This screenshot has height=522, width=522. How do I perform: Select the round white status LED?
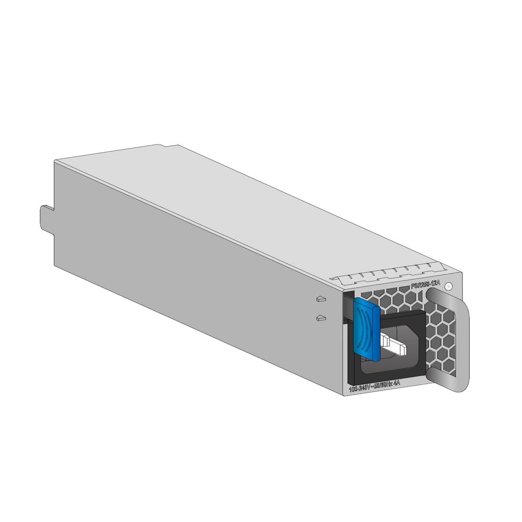(450, 286)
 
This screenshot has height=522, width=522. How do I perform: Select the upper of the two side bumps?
(321, 300)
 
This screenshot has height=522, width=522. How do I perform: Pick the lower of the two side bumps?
(321, 317)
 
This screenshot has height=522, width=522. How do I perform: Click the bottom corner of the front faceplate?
(345, 395)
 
